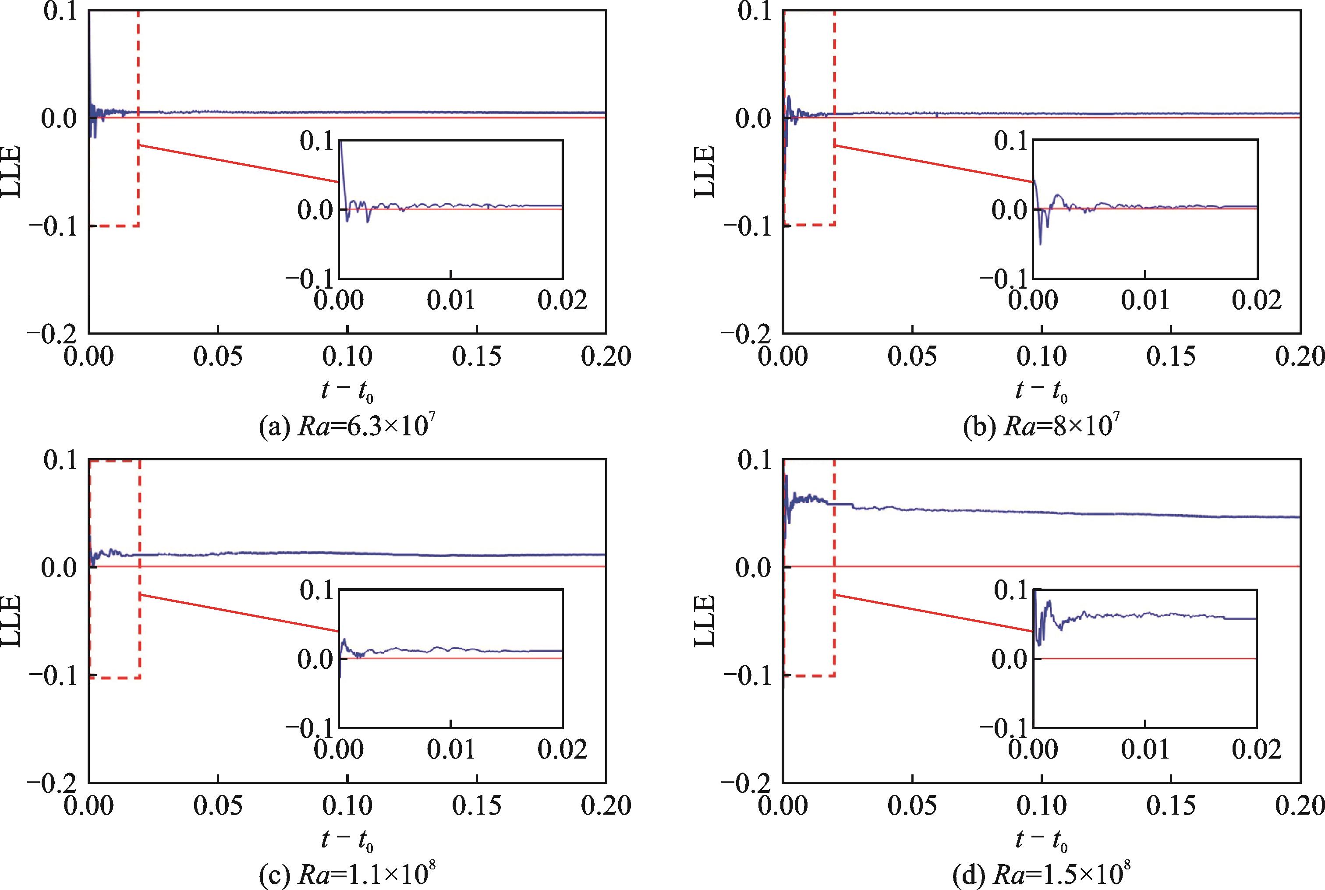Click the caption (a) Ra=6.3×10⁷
(x=347, y=426)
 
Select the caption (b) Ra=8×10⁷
(x=1042, y=426)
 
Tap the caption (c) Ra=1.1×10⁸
(x=347, y=875)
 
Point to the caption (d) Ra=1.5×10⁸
(x=1042, y=875)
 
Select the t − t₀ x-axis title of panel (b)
(x=1042, y=391)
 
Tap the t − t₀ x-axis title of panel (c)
(x=347, y=839)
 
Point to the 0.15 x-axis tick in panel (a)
(x=477, y=357)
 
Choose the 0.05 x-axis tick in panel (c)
(x=218, y=805)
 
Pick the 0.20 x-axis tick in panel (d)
(x=1300, y=805)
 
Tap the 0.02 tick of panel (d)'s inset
(x=1256, y=749)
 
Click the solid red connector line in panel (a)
(x=238, y=163)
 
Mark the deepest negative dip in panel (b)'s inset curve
(x=1041, y=244)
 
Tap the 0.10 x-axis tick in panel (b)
(x=1042, y=357)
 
